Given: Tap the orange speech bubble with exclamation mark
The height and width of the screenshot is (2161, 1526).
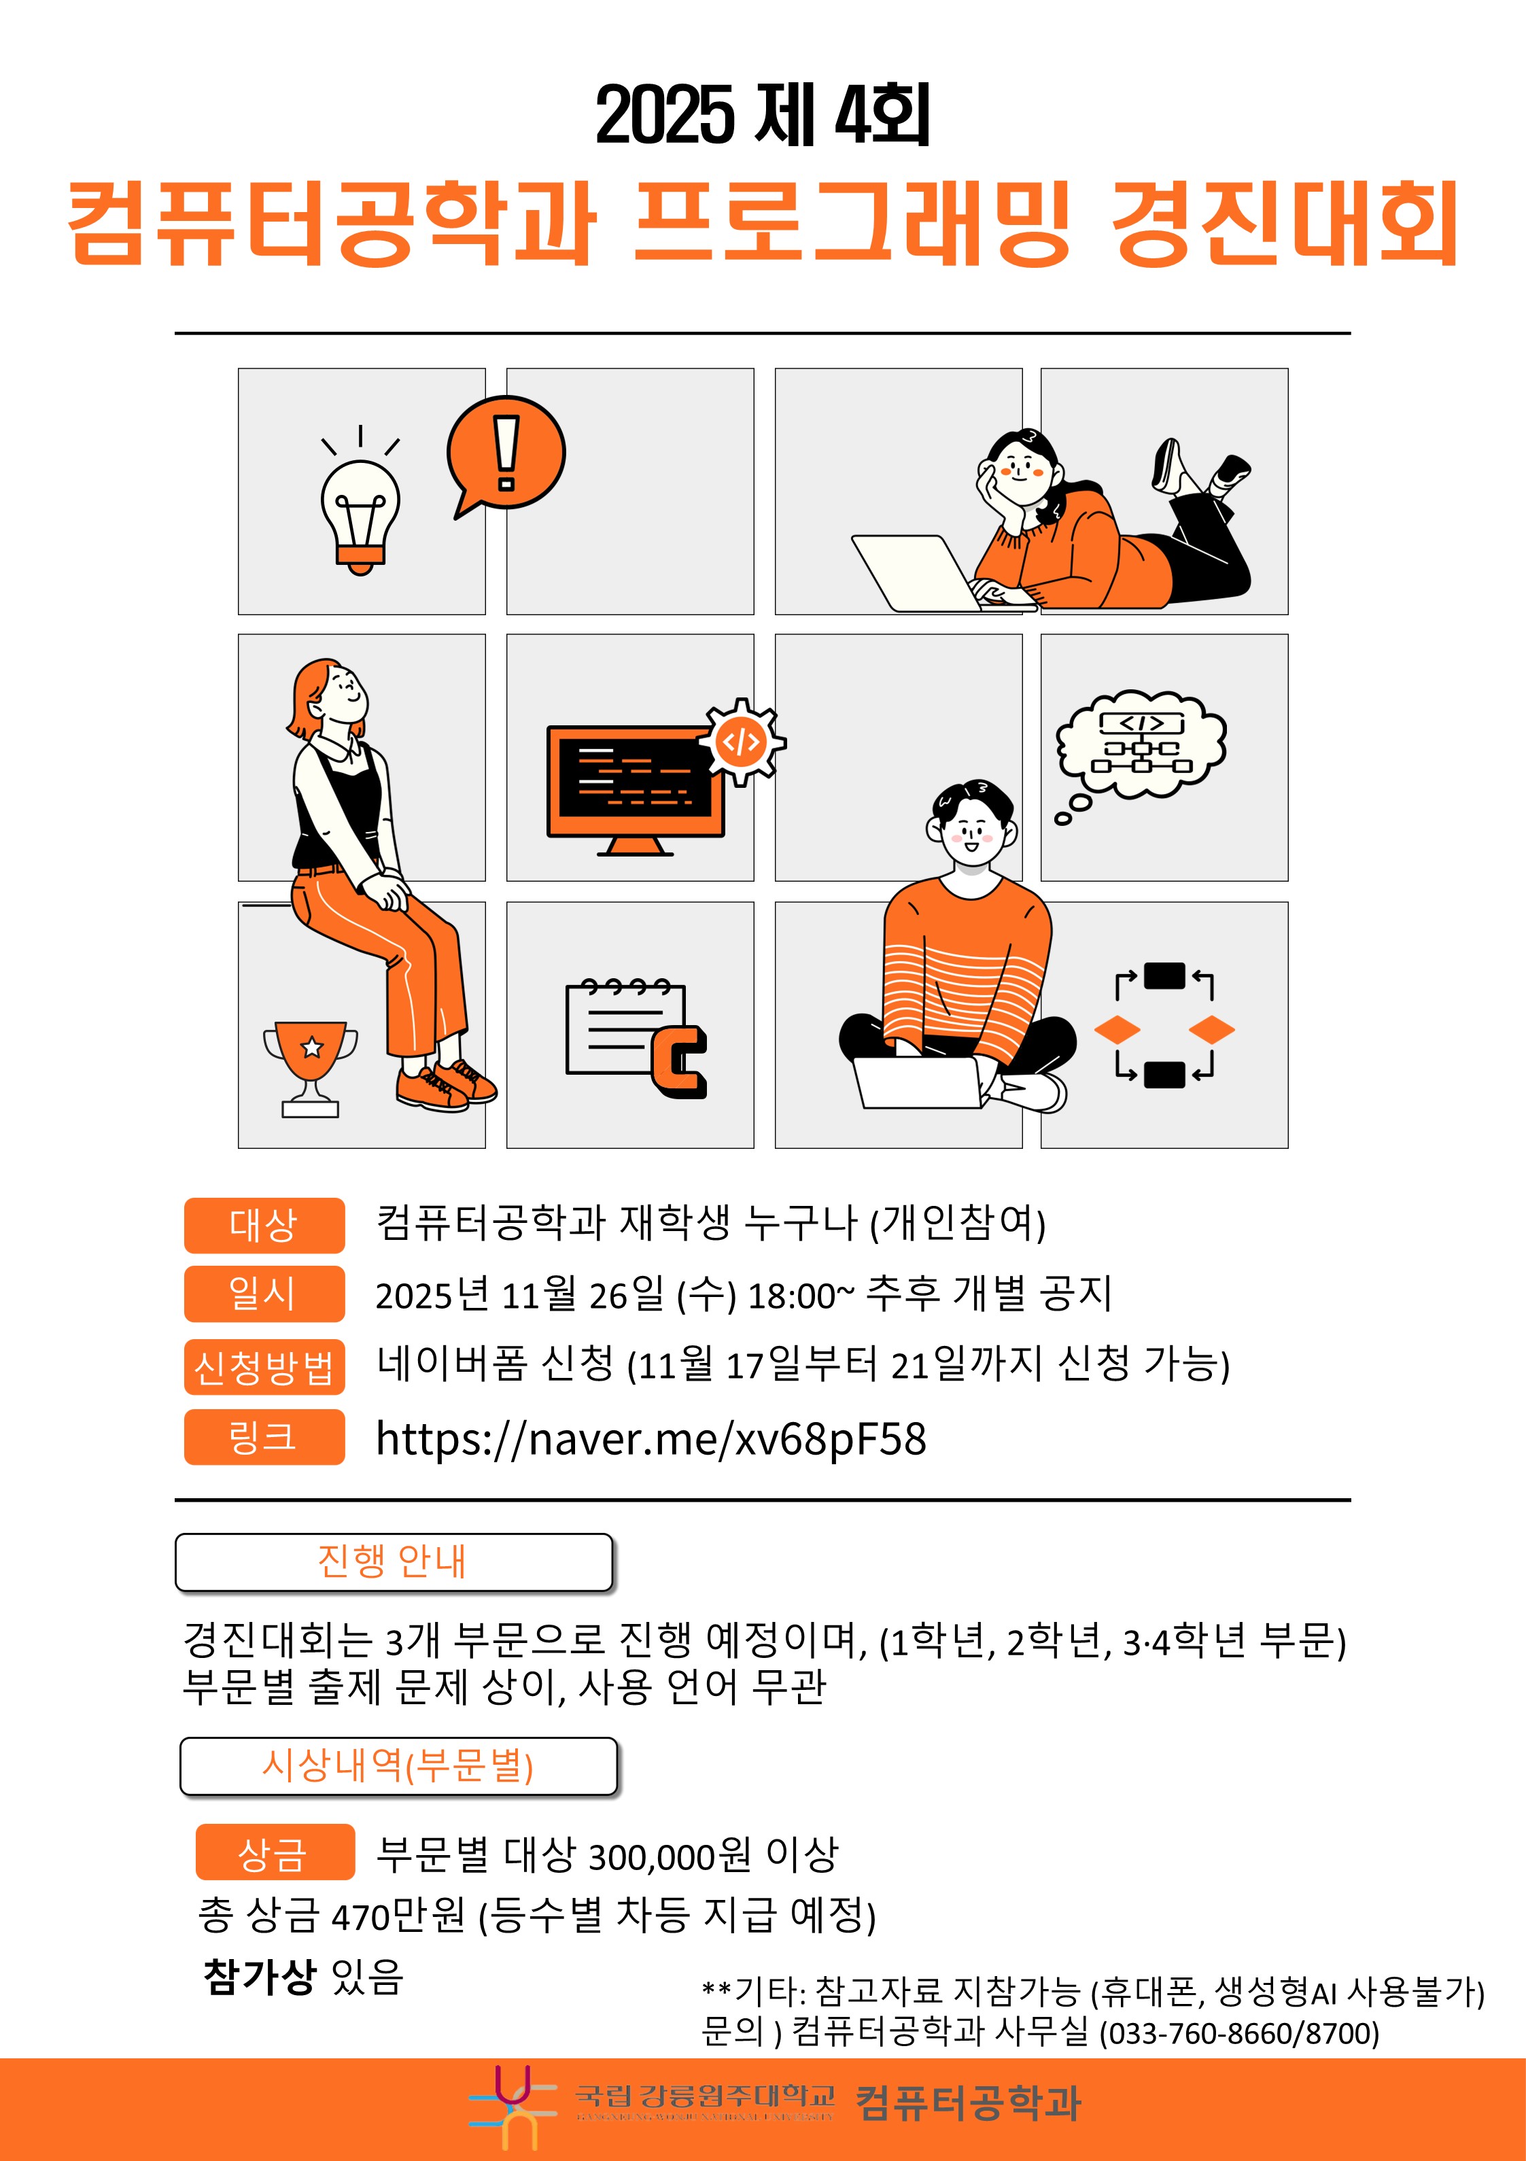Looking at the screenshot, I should coord(506,453).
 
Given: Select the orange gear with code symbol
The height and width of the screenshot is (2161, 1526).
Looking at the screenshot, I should coord(742,742).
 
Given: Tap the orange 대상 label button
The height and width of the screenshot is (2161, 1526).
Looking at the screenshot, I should coord(264,1226).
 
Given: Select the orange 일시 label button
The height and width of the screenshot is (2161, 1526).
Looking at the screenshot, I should coord(264,1293).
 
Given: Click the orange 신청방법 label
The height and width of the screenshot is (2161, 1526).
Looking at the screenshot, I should coord(264,1366).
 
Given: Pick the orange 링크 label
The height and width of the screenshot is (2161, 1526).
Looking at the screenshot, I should coord(264,1436).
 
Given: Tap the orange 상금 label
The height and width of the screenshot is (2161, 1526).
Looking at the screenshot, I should coord(274,1852).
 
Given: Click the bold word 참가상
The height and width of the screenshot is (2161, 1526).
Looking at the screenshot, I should coord(259,1975).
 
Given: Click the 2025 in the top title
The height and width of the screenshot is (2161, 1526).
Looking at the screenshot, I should coord(663,116).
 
